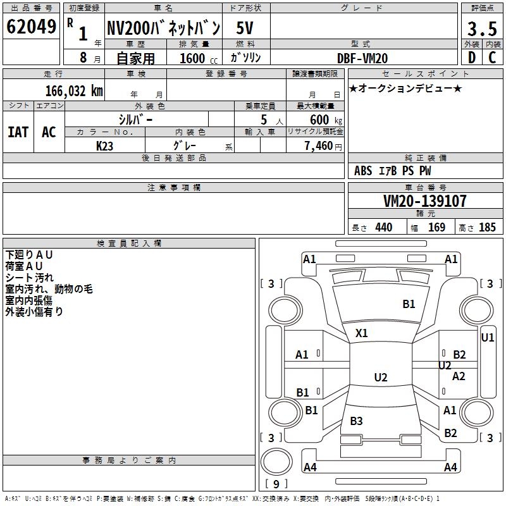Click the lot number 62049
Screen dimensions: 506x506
31,27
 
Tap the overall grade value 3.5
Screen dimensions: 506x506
482,28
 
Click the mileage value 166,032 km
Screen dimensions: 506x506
74,90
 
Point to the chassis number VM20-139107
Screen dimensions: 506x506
425,201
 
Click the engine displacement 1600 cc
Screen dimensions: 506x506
196,58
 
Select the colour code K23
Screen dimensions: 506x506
105,145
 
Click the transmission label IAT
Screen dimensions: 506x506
18,132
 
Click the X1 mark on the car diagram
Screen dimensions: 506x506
362,333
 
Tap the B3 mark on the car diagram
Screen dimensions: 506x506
356,421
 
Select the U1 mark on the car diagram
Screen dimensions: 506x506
488,338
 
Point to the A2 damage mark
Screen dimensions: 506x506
459,376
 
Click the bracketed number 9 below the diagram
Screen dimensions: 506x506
275,484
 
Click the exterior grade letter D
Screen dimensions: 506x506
471,58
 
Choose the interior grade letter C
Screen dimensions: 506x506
492,58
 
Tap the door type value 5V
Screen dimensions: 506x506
245,28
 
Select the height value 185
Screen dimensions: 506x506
487,228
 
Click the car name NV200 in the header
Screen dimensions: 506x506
163,28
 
